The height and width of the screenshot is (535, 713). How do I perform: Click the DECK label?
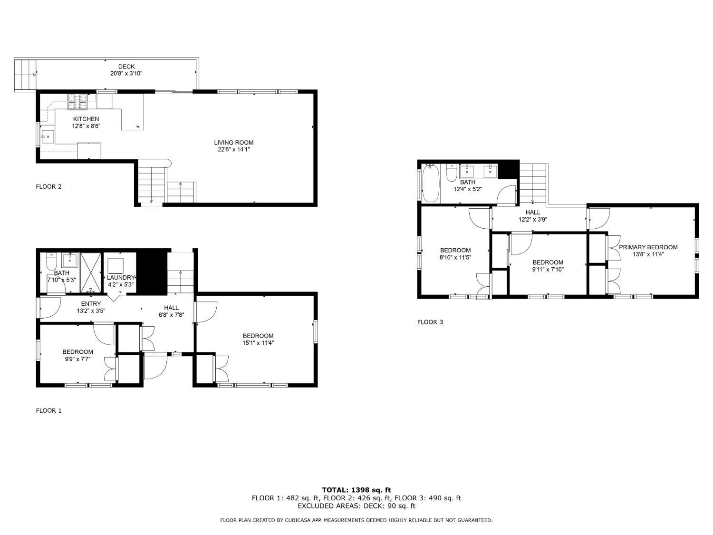pos(126,67)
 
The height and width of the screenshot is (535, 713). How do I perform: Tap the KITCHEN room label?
pos(86,119)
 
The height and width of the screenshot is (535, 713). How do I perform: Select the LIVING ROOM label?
pos(233,142)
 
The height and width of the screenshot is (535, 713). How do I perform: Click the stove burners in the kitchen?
pos(77,101)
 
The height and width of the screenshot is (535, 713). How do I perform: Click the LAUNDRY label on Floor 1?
pos(121,277)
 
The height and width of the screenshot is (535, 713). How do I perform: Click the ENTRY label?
pos(91,304)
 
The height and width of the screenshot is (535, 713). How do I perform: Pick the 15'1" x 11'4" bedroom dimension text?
pos(258,343)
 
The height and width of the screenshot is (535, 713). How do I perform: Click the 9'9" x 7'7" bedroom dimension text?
pos(77,359)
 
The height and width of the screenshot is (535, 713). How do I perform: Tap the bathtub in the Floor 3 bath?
pos(431,183)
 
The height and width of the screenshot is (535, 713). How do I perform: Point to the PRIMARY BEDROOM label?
pos(648,247)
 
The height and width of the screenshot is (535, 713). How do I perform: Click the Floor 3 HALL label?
pos(533,213)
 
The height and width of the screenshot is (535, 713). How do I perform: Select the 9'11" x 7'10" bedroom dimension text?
pos(548,269)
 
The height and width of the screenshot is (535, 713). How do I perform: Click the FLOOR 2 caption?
pos(49,186)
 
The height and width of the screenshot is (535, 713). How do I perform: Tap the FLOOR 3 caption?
pos(430,322)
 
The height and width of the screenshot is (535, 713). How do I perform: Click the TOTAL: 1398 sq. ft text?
pos(356,490)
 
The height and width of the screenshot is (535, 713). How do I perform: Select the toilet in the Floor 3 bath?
pos(452,173)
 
